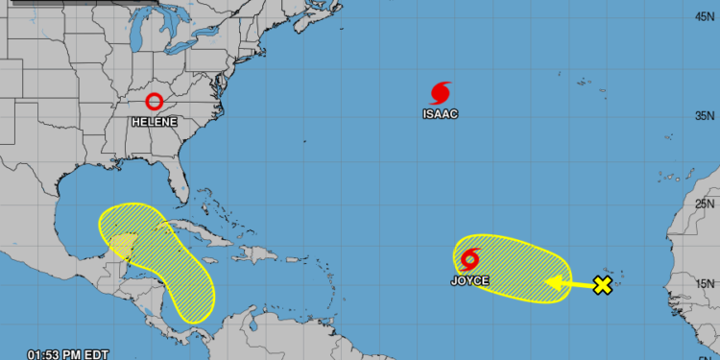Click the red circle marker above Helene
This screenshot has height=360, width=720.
point(154,101)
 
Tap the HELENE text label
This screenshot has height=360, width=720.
point(154,122)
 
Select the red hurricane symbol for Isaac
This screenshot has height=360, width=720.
point(441,93)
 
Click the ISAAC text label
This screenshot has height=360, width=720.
point(441,114)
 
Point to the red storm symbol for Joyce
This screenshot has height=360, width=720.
point(470,259)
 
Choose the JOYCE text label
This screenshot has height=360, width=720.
point(470,281)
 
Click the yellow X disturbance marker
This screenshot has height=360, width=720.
point(602,285)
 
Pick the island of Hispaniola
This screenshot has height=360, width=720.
point(261,253)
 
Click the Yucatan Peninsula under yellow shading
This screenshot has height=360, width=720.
point(122,244)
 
